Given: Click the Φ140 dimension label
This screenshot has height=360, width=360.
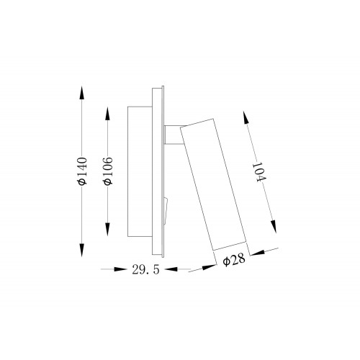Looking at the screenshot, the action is (82, 171).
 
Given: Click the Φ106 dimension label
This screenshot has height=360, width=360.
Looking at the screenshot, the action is (107, 171).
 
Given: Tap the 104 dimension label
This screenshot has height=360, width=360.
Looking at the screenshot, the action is (258, 172).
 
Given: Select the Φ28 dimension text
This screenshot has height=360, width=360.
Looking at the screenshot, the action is (234, 259).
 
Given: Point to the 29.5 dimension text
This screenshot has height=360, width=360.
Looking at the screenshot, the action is (145, 270).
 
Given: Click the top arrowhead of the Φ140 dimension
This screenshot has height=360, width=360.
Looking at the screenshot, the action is (82, 92).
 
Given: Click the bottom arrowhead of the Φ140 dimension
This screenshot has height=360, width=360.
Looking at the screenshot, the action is (82, 250).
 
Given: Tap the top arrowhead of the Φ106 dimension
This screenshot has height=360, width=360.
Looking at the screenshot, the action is (107, 114).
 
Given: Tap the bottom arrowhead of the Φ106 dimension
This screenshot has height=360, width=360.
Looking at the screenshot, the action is (107, 230).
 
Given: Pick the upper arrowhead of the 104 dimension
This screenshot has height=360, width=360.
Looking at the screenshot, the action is (246, 117).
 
